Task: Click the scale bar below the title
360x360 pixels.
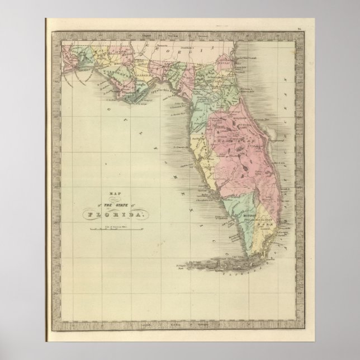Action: (x=106, y=228)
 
